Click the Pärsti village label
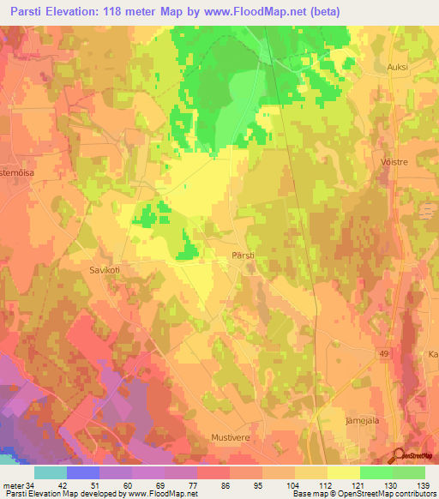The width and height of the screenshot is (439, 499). [x=242, y=255]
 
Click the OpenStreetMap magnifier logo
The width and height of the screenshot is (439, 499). [x=396, y=455]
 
